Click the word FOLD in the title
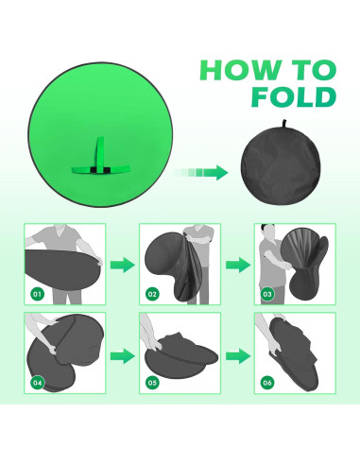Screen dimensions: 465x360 289,98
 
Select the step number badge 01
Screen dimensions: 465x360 39,294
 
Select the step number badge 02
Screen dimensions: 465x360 153,294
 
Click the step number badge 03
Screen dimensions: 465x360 267,294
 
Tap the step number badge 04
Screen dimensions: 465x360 39,384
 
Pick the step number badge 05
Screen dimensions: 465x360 153,384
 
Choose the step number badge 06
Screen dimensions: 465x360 267,384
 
